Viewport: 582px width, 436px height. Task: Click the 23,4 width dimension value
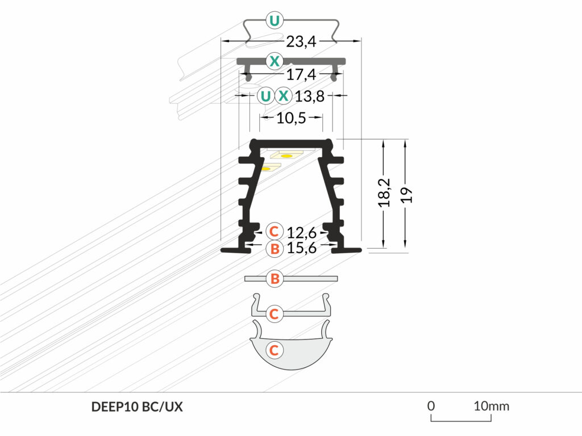301,41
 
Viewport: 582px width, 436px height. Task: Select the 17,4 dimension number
301,75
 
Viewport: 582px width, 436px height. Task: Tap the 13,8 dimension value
310,97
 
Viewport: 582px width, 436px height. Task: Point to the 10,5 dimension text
292,118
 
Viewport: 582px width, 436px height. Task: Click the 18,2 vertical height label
385,193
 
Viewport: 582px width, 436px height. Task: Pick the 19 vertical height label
407,195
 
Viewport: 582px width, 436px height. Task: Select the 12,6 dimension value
302,233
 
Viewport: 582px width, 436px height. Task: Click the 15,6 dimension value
302,248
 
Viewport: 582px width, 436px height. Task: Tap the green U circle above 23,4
275,21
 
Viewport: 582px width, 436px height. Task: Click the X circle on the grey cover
275,60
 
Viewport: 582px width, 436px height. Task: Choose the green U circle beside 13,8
266,96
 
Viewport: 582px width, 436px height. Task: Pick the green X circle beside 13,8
284,96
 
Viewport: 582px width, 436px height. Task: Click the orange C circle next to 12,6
274,232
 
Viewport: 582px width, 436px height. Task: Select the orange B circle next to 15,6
275,248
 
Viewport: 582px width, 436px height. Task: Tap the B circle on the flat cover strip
275,278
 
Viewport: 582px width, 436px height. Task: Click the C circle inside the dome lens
274,350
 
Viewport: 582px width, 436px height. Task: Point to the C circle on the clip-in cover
274,313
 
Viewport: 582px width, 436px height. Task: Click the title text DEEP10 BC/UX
137,407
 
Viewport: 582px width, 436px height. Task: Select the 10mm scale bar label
492,406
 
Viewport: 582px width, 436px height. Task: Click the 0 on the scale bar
431,406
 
